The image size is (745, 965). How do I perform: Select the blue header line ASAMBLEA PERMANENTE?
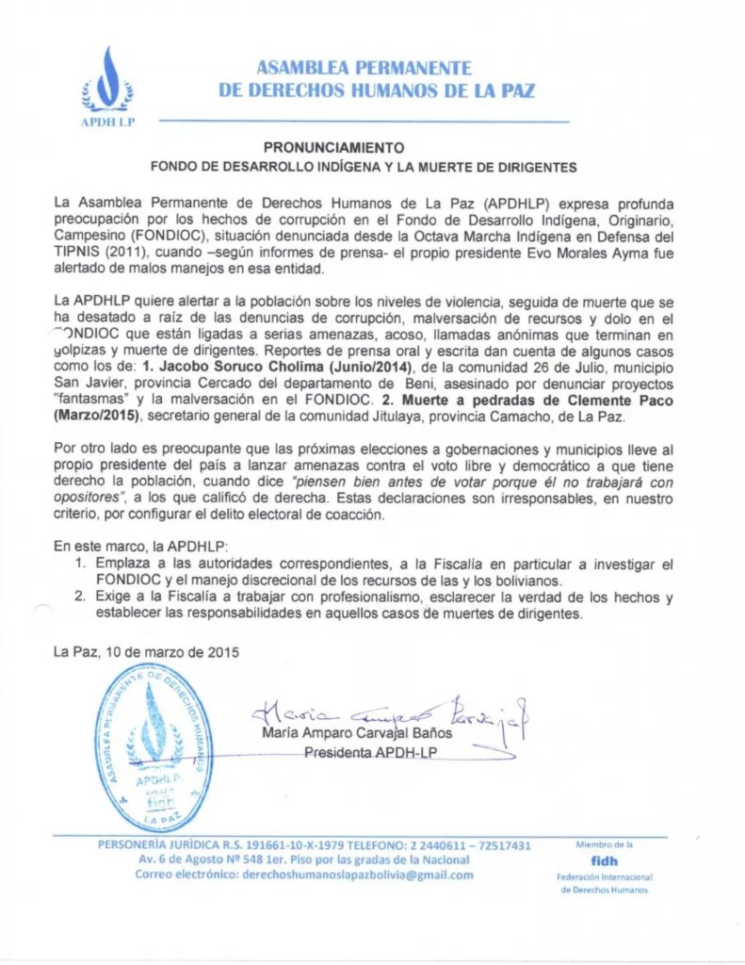click(364, 68)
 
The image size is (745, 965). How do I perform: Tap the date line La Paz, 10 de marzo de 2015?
click(146, 651)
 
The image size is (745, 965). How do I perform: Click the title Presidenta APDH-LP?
click(369, 751)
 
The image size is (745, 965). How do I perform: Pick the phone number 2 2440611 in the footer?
click(436, 845)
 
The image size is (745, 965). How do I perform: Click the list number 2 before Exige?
click(82, 597)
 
